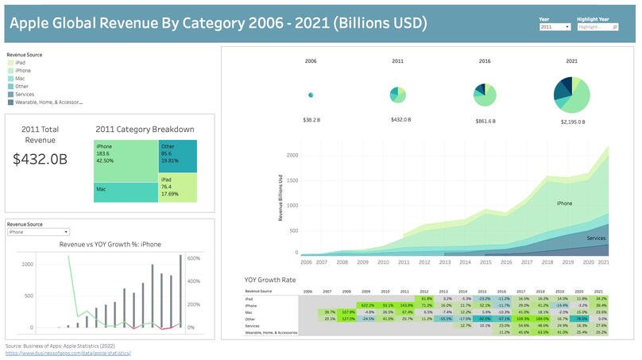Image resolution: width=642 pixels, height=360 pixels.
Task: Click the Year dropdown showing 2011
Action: (555, 27)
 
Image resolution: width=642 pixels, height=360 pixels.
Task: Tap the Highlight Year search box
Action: (598, 27)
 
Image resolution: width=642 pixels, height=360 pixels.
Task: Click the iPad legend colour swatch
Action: (10, 61)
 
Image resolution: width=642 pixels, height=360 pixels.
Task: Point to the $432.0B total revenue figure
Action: (40, 158)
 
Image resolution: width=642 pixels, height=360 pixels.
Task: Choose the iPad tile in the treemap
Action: (177, 189)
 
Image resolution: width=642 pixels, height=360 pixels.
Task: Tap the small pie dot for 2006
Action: (311, 95)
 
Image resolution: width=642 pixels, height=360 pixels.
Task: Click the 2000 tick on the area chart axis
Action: (292, 155)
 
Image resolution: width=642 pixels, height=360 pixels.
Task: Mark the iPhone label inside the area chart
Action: (564, 203)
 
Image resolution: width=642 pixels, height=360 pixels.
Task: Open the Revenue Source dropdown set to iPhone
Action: (38, 232)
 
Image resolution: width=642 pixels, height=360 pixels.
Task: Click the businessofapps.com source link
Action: (68, 352)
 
